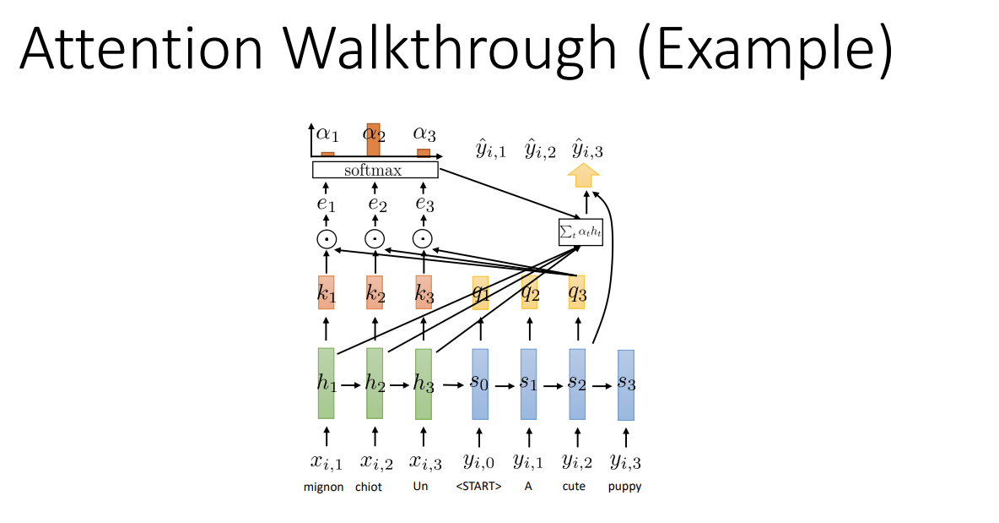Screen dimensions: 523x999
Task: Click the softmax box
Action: point(375,170)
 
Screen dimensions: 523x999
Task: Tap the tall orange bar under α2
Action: point(373,140)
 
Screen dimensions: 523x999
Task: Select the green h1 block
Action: point(326,383)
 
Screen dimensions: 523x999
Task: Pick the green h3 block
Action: point(424,384)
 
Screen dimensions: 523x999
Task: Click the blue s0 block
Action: point(479,384)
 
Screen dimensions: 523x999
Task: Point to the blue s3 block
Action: point(625,384)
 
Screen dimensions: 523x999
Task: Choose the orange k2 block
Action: point(375,293)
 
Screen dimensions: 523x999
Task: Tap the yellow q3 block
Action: point(577,292)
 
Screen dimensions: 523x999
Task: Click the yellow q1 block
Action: point(480,292)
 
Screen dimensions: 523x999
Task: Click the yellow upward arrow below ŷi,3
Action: point(585,176)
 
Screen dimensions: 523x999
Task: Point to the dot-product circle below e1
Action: point(326,239)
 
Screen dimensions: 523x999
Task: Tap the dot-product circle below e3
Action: point(424,239)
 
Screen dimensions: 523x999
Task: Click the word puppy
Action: point(624,487)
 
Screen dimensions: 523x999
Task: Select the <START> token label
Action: point(479,487)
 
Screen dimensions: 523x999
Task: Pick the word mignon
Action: point(324,487)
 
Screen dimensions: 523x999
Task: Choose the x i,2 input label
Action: point(375,462)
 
